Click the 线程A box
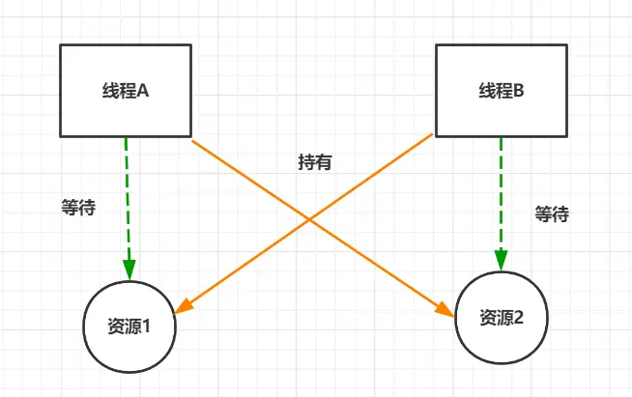click(x=126, y=90)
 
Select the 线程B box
click(x=501, y=90)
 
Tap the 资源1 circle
click(x=129, y=326)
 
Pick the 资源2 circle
click(x=502, y=317)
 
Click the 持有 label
click(x=315, y=162)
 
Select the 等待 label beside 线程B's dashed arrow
click(x=552, y=213)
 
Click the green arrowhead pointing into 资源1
click(x=128, y=268)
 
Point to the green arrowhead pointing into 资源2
click(x=501, y=259)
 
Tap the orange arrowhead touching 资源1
click(x=185, y=307)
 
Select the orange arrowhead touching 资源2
click(x=445, y=310)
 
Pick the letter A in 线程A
click(x=142, y=91)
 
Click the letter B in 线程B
click(x=518, y=91)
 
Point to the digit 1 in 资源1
click(x=146, y=326)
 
